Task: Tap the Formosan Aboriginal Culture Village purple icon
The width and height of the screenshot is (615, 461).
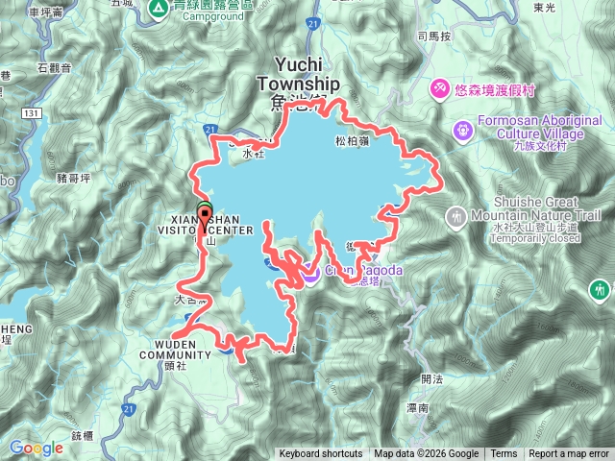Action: pyautogui.click(x=461, y=127)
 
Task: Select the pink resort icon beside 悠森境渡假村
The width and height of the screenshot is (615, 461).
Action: pyautogui.click(x=438, y=88)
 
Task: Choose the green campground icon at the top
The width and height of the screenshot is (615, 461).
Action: pyautogui.click(x=159, y=9)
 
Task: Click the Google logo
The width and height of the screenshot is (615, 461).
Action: pyautogui.click(x=37, y=448)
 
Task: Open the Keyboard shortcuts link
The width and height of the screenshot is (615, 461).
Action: pyautogui.click(x=321, y=454)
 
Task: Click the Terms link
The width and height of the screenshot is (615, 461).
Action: pyautogui.click(x=504, y=454)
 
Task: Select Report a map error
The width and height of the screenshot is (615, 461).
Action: pyautogui.click(x=569, y=454)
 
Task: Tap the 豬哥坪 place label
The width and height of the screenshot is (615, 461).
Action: pyautogui.click(x=47, y=178)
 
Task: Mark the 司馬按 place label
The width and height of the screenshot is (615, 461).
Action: pyautogui.click(x=434, y=36)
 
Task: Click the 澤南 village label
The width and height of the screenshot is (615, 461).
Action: pyautogui.click(x=418, y=409)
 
